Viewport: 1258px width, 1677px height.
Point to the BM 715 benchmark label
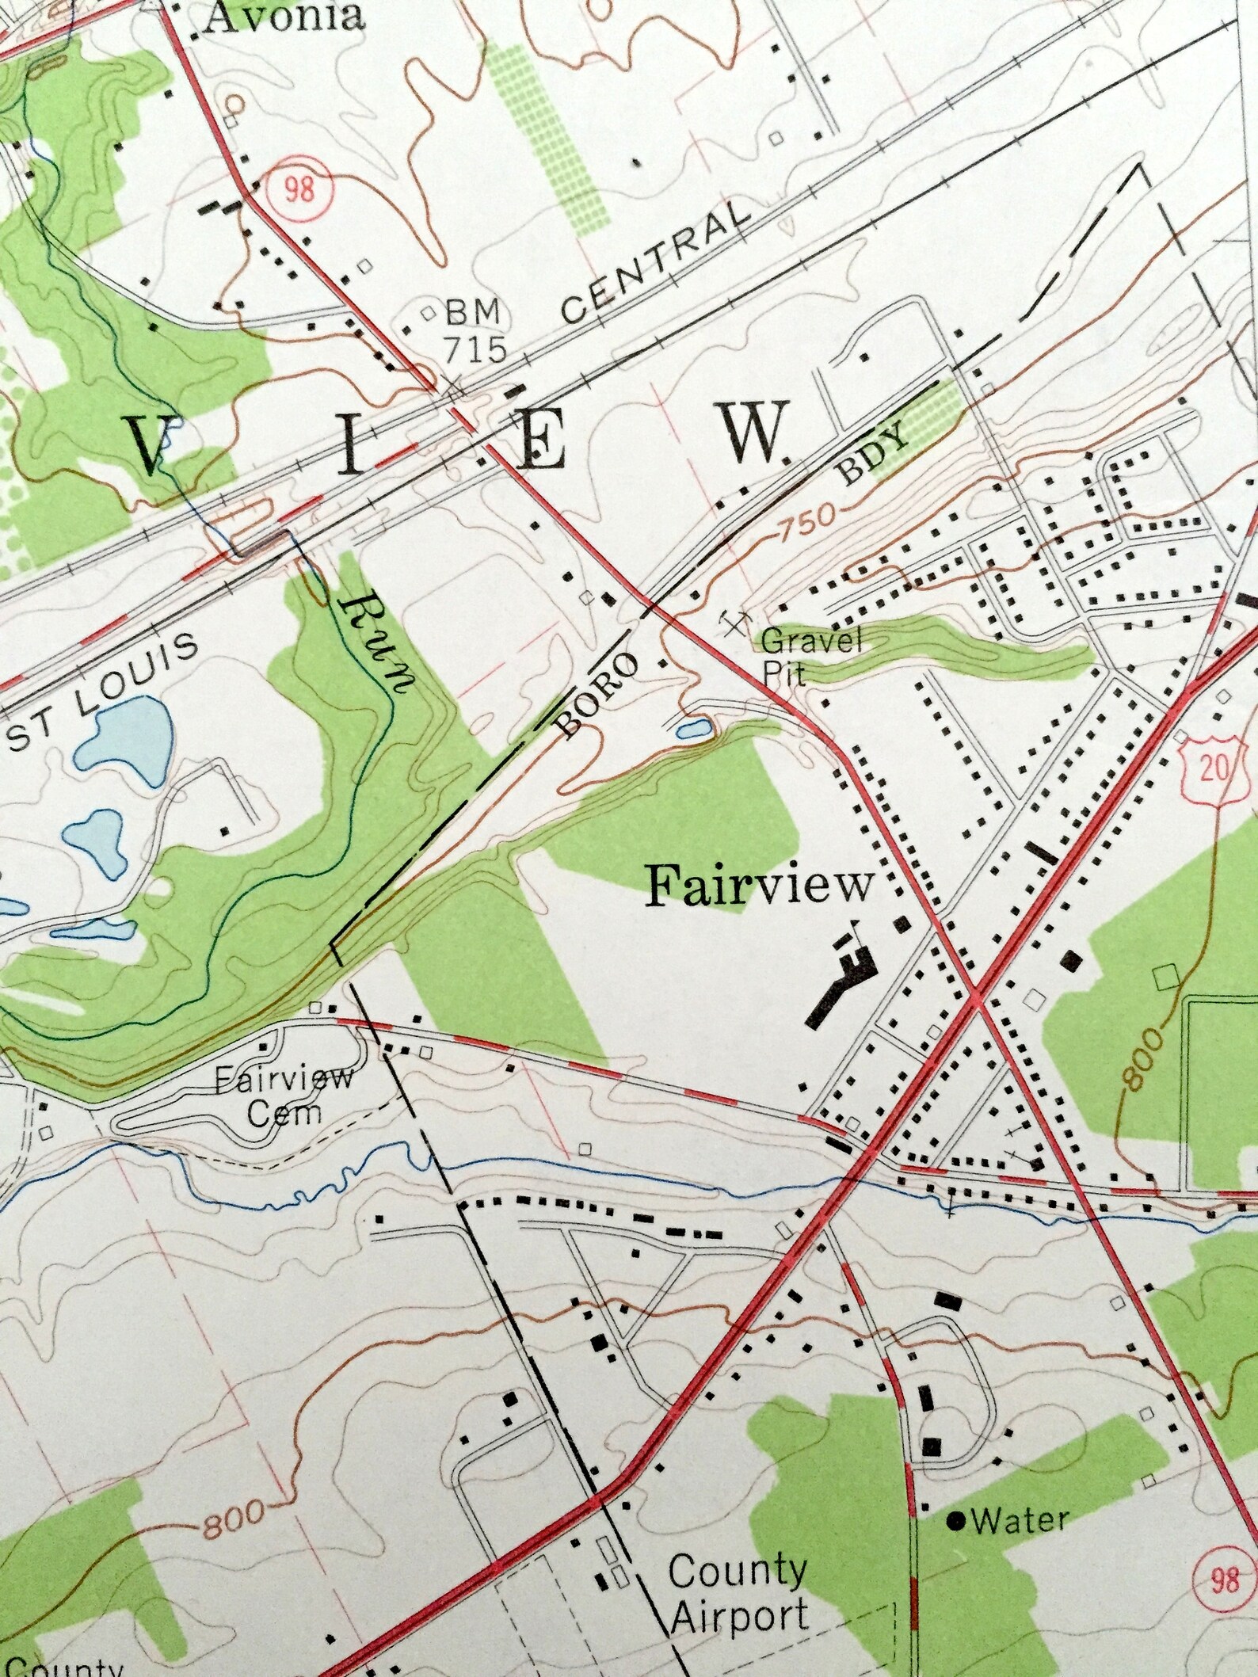click(474, 330)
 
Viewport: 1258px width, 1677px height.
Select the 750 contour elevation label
click(807, 521)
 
